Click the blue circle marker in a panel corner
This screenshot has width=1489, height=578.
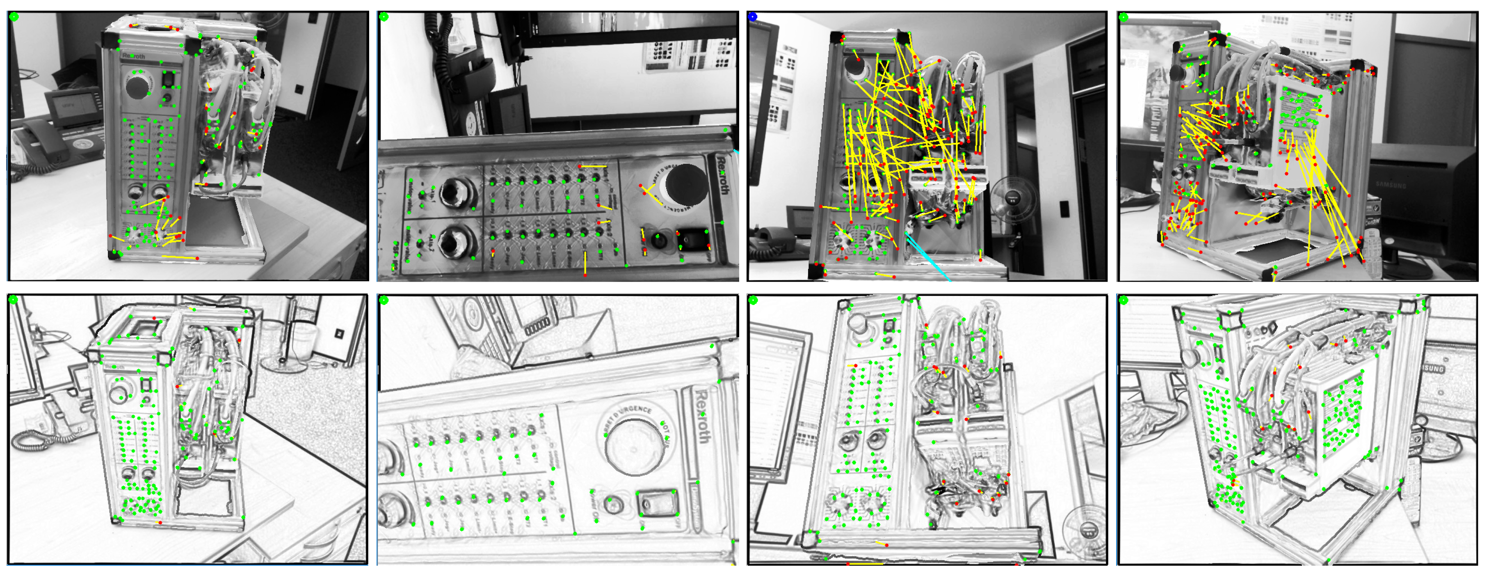753,17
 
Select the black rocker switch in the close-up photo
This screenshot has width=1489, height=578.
692,239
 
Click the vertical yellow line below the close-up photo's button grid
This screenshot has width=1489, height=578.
585,263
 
